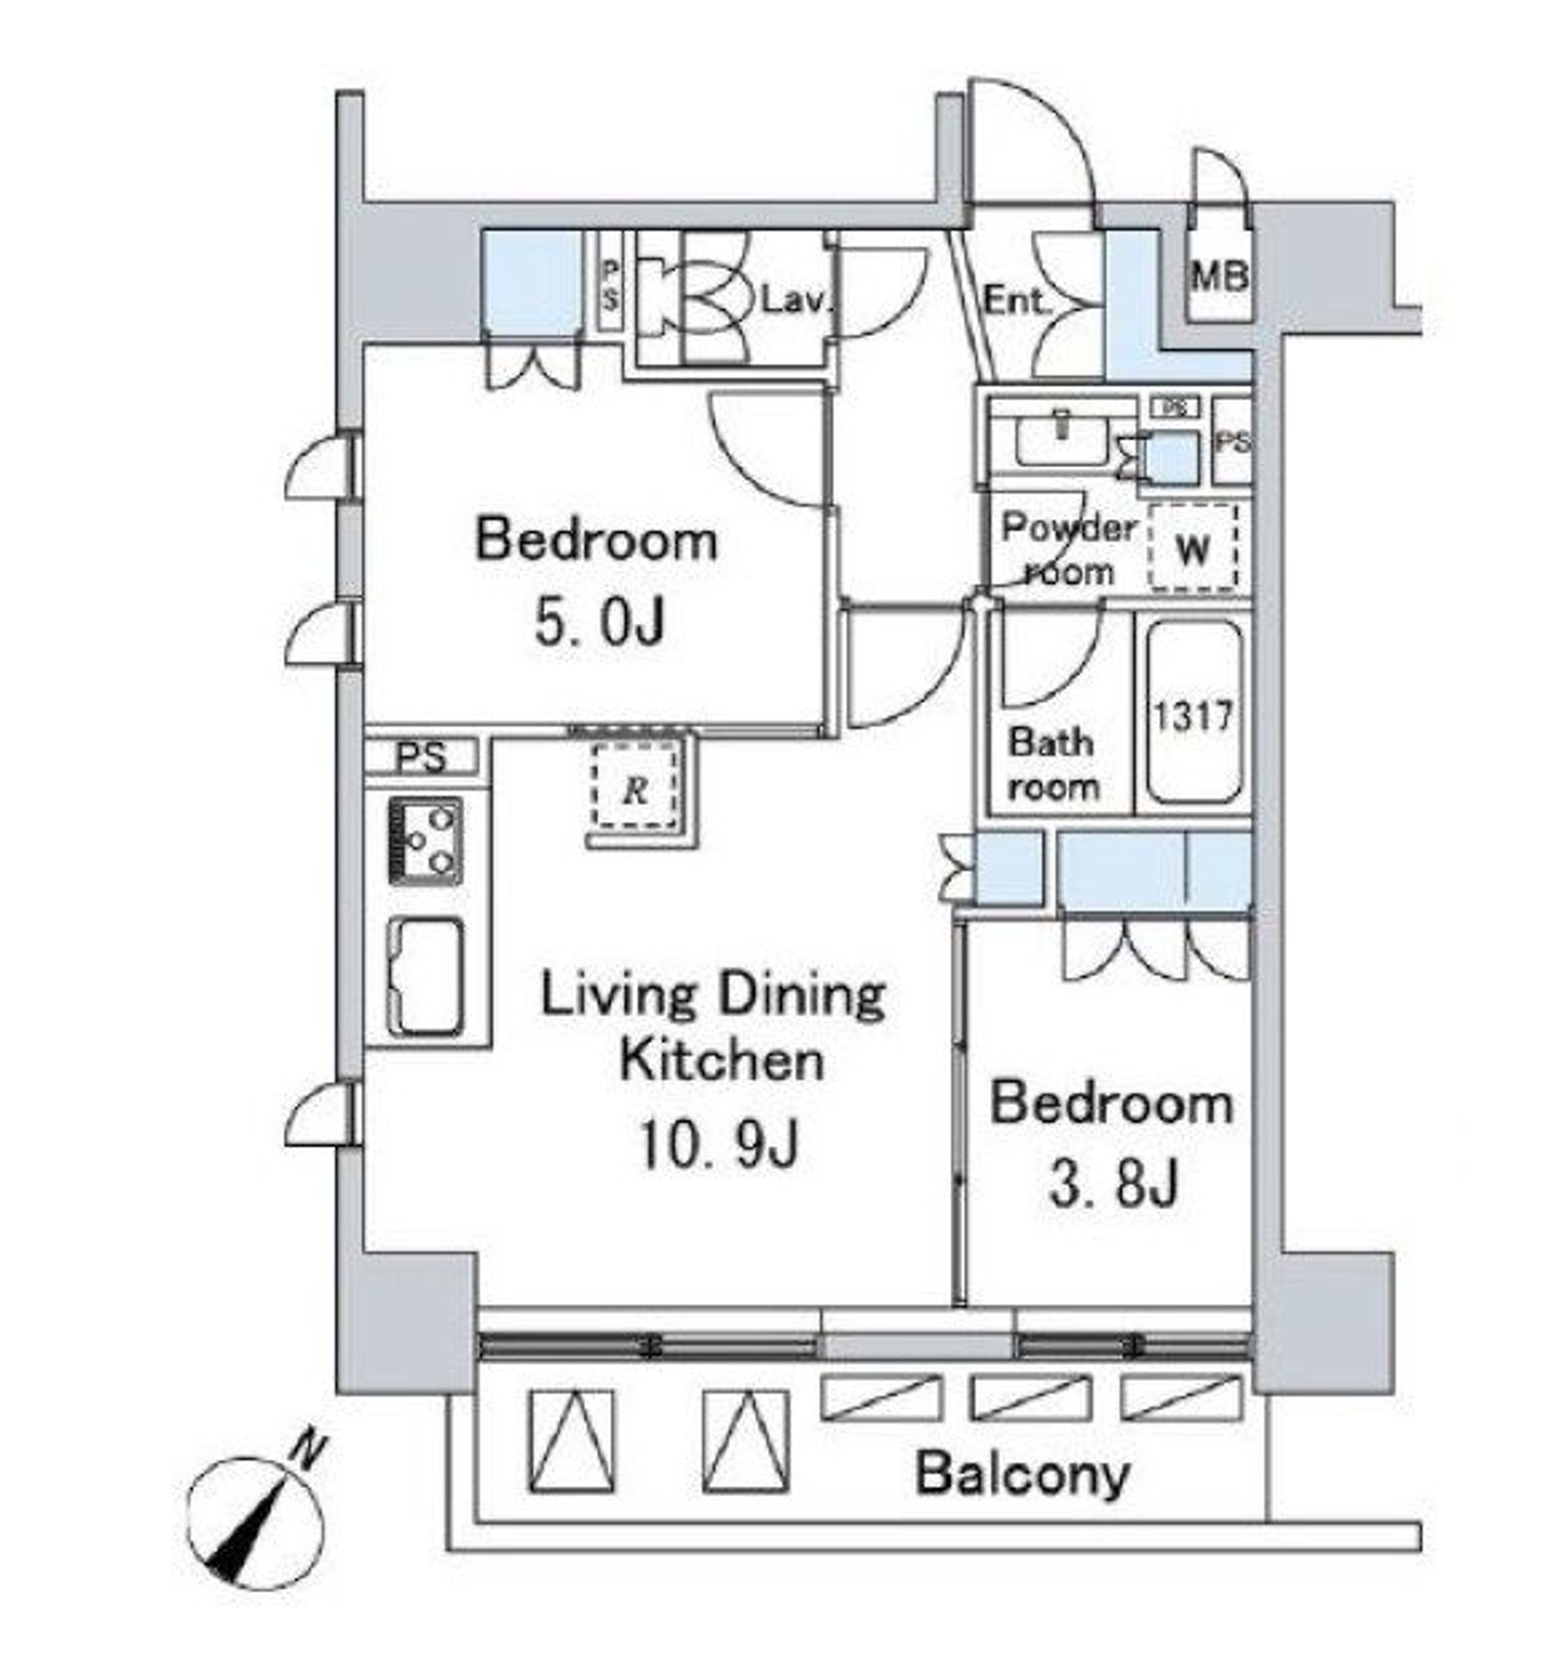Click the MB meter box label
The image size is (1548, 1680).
pos(1220,276)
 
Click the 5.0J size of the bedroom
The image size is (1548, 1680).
pos(599,622)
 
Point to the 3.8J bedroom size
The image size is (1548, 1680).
pos(1114,1184)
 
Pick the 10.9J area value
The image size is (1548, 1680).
pos(719,1145)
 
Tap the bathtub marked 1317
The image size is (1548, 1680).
pos(1194,713)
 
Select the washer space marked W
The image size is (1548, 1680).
pos(1193,549)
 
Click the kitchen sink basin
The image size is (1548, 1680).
pos(425,977)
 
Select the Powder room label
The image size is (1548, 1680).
pos(1070,550)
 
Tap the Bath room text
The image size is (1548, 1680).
pos(1052,764)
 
